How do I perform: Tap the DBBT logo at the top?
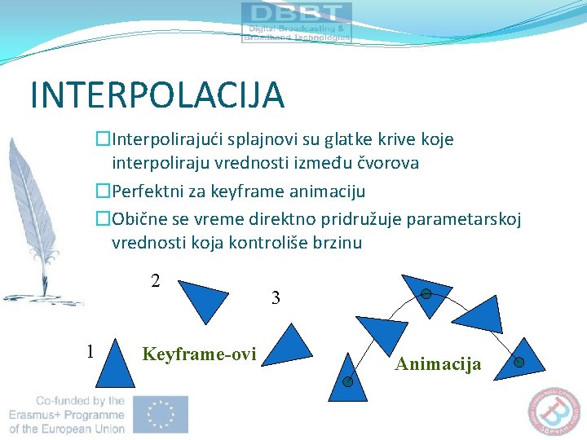(297, 22)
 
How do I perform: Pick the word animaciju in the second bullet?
(329, 191)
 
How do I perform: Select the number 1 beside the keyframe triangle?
(90, 351)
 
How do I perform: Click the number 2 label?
(155, 281)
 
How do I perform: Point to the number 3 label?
(276, 298)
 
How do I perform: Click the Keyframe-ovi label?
(199, 354)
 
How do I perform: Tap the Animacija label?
(438, 364)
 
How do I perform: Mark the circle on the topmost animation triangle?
(426, 294)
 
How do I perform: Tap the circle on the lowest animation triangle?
(346, 381)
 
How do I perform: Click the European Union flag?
(162, 414)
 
